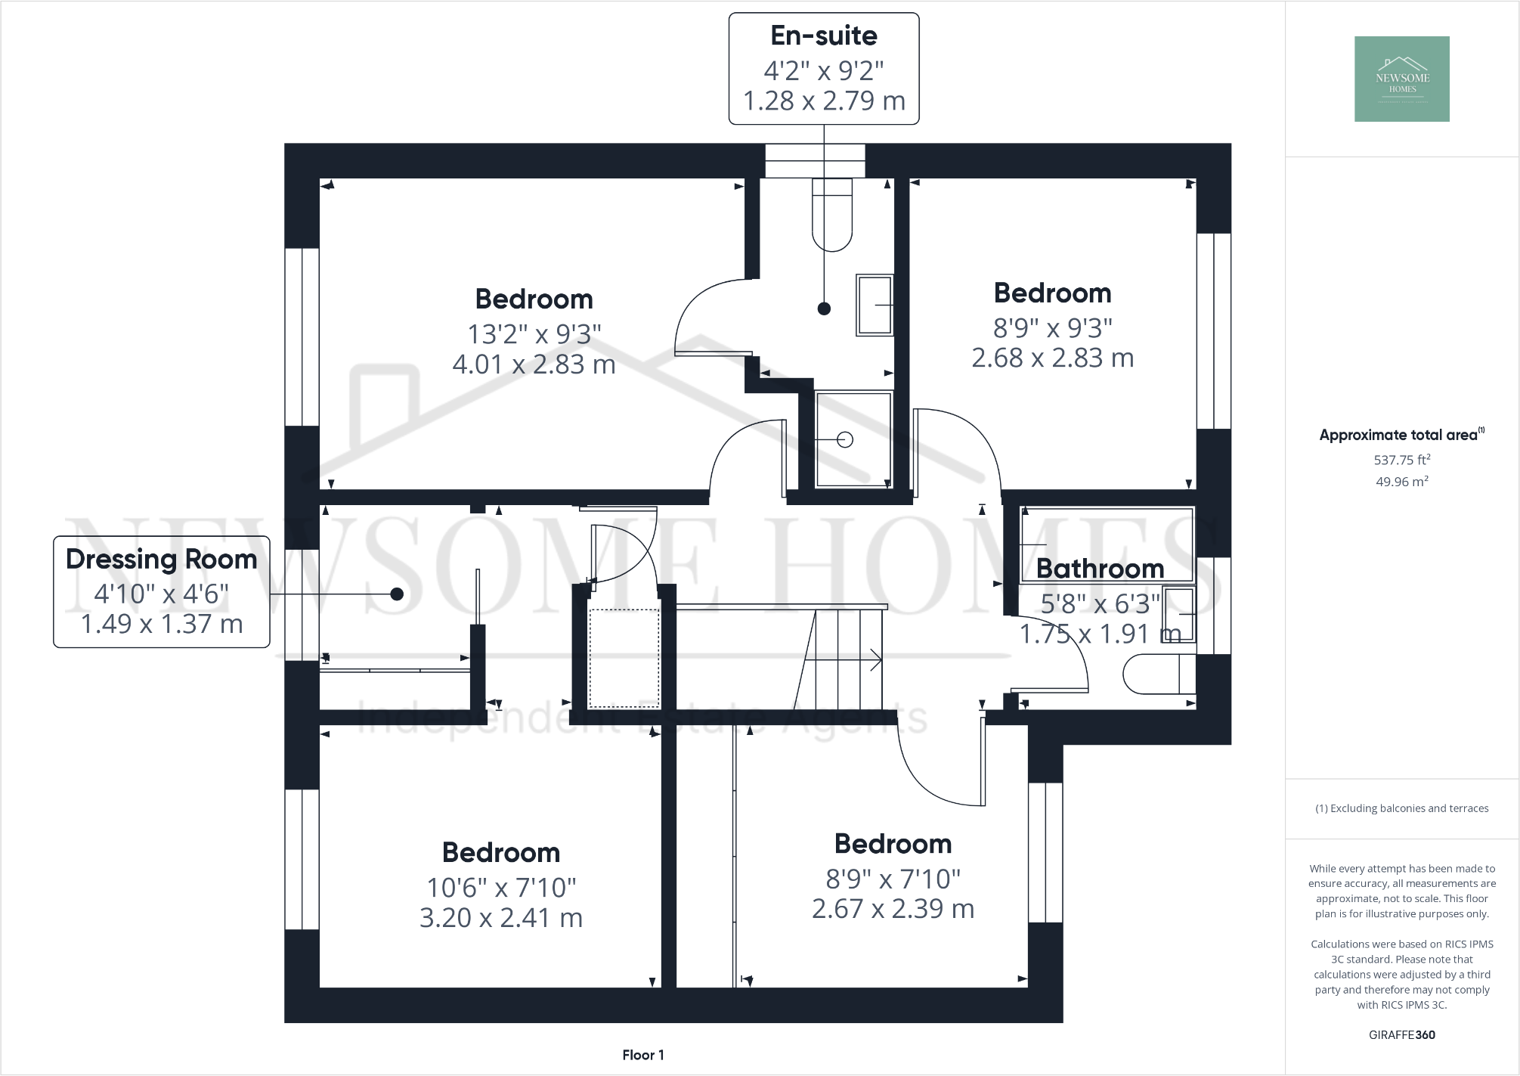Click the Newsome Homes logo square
tap(1401, 79)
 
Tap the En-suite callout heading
tap(823, 36)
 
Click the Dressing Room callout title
tap(161, 560)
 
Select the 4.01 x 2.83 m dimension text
tap(534, 364)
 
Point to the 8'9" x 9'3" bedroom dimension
tap(1052, 328)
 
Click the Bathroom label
tap(1100, 569)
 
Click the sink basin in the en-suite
tap(875, 305)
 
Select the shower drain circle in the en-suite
tap(845, 439)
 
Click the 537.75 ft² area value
tap(1401, 460)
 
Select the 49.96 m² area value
tap(1401, 482)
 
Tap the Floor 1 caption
tap(642, 1055)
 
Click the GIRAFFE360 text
tap(1401, 1034)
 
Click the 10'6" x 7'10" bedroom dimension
tap(501, 887)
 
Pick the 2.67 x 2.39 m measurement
tap(893, 909)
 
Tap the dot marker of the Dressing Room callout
tap(396, 594)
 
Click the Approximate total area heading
tap(1398, 435)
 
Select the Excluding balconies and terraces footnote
tap(1401, 808)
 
